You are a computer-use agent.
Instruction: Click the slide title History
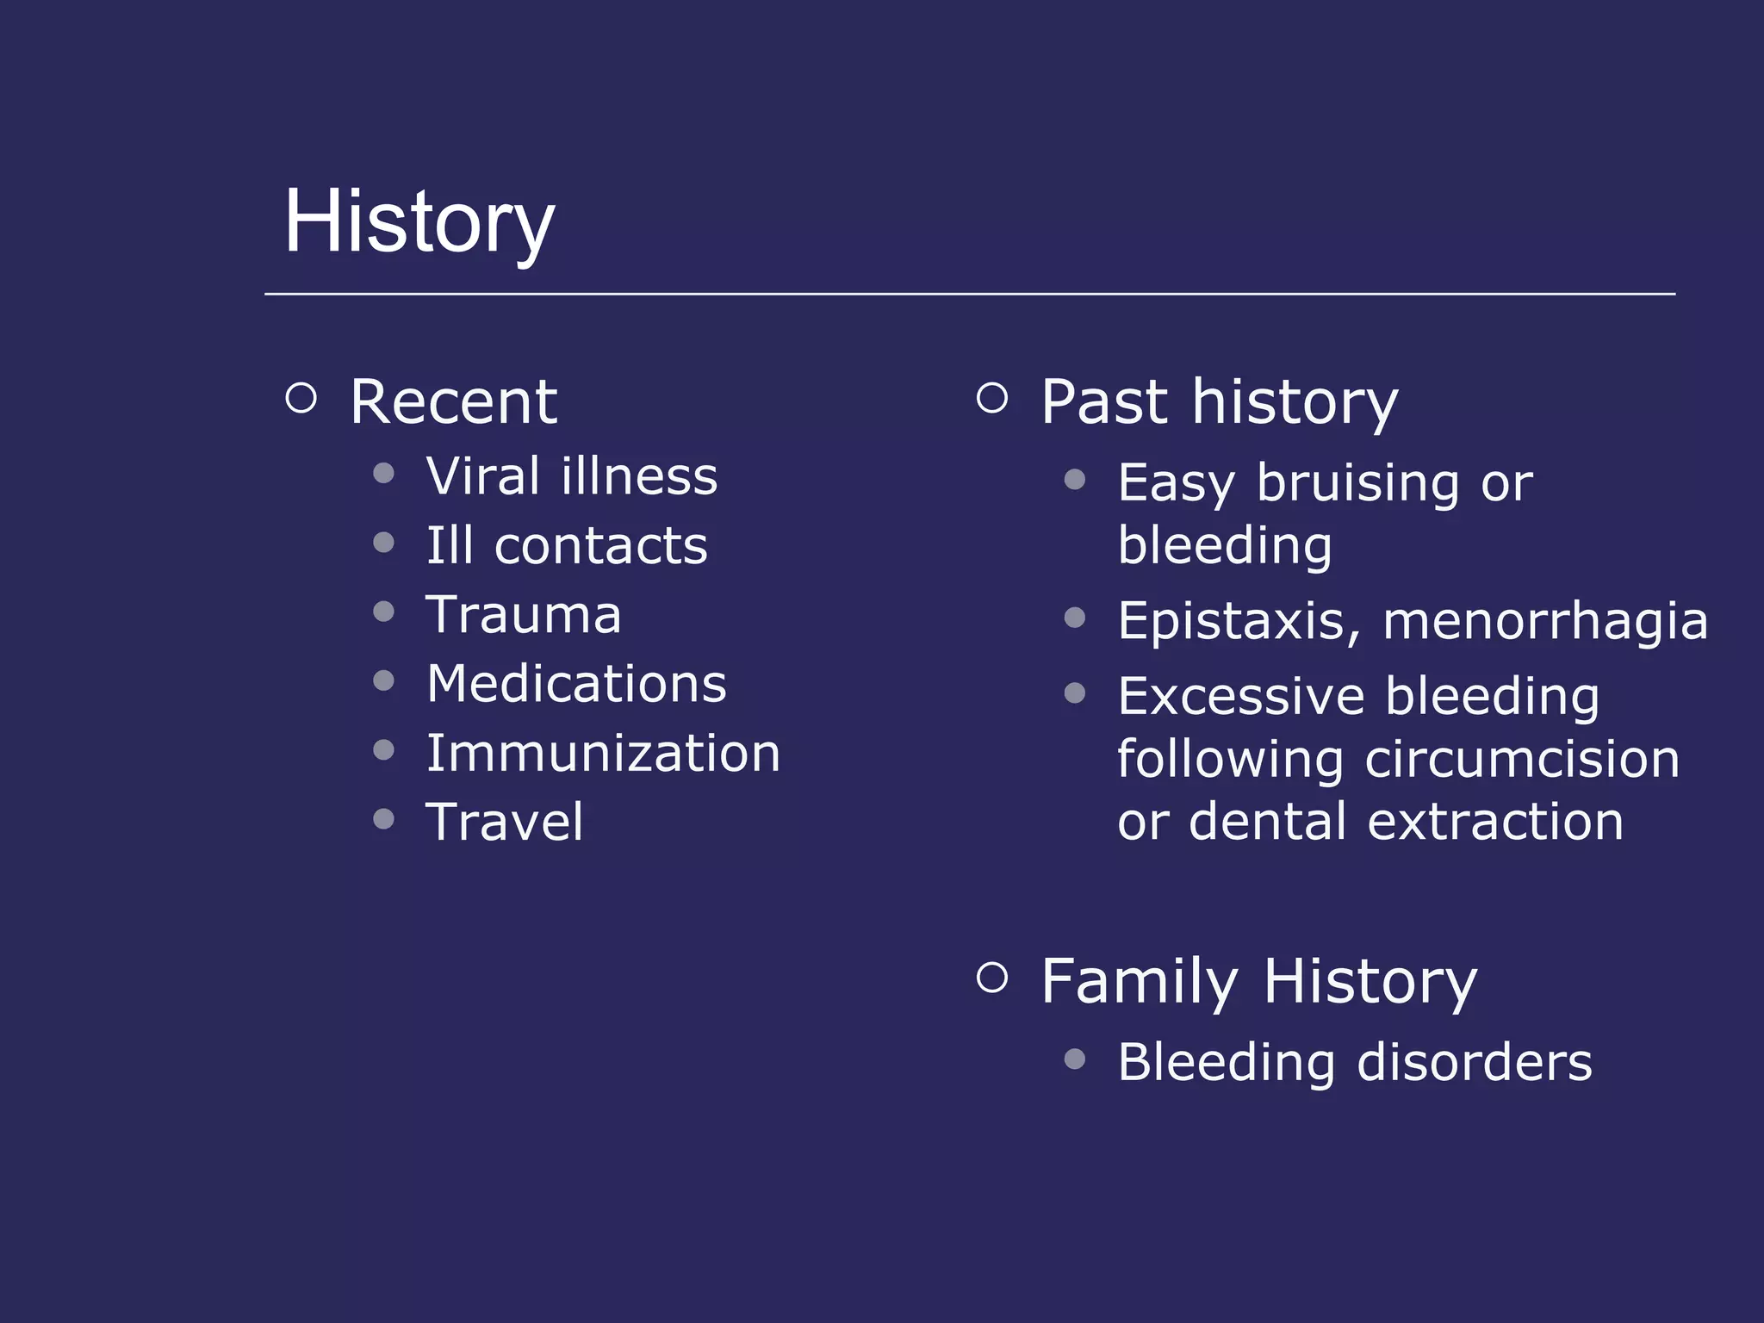[419, 222]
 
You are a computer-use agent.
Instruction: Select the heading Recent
[453, 402]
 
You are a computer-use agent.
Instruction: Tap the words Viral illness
[571, 476]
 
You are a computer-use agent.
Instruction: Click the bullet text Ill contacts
[567, 546]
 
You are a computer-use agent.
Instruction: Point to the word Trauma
[523, 615]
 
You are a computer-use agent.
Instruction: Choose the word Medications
[576, 684]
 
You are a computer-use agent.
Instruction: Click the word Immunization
[603, 754]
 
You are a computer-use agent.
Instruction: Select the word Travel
[505, 822]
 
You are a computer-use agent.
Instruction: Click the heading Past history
[1219, 402]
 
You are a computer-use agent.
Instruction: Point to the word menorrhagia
[1544, 621]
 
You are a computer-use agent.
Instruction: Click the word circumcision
[1522, 760]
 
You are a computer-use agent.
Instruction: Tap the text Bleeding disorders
[1354, 1062]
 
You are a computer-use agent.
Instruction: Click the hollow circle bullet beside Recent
[301, 398]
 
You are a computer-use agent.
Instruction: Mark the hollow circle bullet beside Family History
[992, 977]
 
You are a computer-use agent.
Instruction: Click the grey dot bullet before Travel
[384, 818]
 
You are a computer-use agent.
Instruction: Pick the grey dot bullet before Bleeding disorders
[1074, 1059]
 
